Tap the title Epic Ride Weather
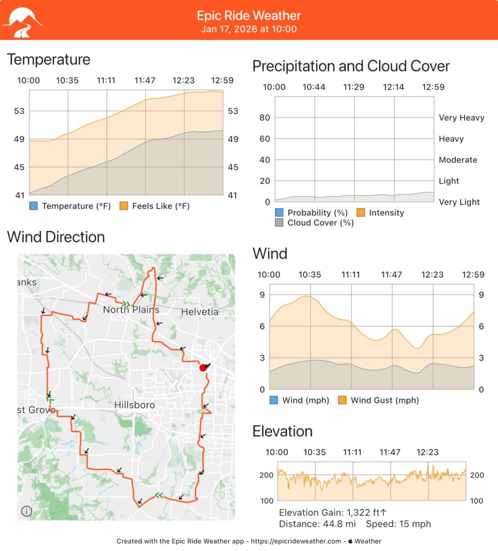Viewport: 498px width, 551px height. [249, 16]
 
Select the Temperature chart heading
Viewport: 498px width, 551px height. [48, 59]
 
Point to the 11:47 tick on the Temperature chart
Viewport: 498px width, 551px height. [145, 81]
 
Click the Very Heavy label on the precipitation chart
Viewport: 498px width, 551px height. [461, 118]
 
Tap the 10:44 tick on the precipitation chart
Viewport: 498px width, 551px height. [314, 87]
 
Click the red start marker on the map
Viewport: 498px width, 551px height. [203, 368]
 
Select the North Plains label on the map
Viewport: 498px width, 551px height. [131, 310]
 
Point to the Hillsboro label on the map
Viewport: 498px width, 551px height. [135, 405]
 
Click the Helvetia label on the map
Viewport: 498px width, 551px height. [200, 312]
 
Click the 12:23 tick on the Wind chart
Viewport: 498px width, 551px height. [432, 275]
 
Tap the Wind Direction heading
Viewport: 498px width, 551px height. [56, 237]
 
